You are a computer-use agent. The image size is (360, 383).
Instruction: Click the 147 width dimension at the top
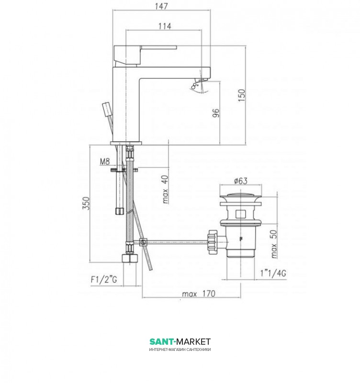click(x=161, y=6)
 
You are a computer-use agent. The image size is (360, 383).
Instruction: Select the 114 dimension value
click(x=165, y=26)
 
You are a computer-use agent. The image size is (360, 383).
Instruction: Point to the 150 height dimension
click(x=242, y=95)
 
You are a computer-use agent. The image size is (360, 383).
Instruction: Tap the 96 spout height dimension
click(x=216, y=113)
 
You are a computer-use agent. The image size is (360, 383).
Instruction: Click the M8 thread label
click(x=105, y=161)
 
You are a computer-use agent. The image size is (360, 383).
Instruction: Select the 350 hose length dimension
click(x=86, y=203)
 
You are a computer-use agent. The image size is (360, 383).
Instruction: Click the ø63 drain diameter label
click(x=241, y=181)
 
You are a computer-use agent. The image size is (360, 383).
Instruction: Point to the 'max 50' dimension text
click(x=274, y=244)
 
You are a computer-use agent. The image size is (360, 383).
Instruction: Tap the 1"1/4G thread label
click(x=273, y=273)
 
